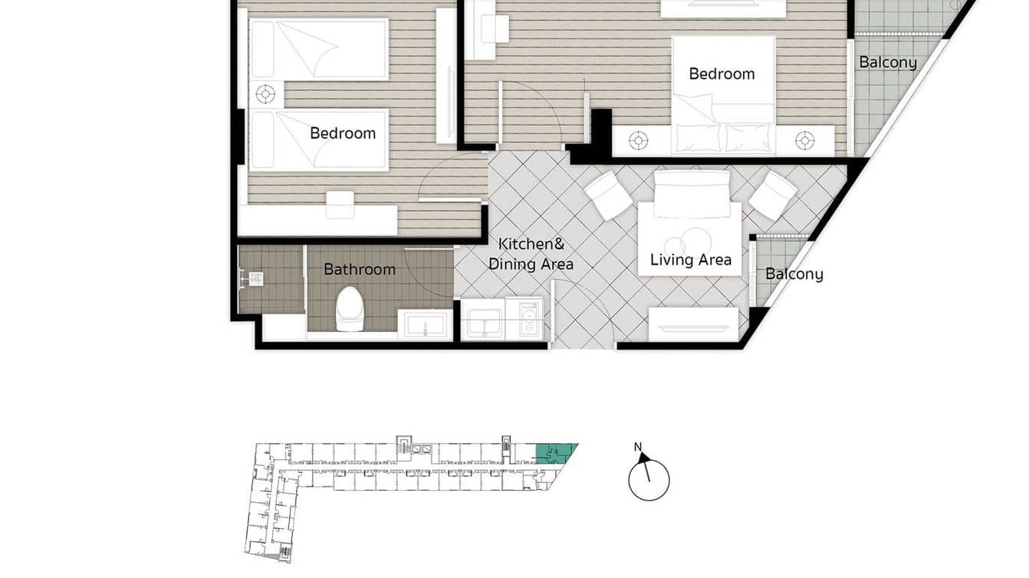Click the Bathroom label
(x=359, y=269)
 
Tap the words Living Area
(x=690, y=260)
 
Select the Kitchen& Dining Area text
(x=531, y=254)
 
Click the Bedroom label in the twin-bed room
(x=343, y=133)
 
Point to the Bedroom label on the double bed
(x=722, y=74)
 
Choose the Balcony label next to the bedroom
(x=887, y=62)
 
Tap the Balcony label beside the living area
(x=794, y=274)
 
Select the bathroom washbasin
(x=425, y=324)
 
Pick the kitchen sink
(x=483, y=319)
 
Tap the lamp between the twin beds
(x=265, y=94)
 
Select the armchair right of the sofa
(x=773, y=195)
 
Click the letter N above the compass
(x=638, y=447)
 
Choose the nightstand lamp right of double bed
(x=804, y=140)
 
